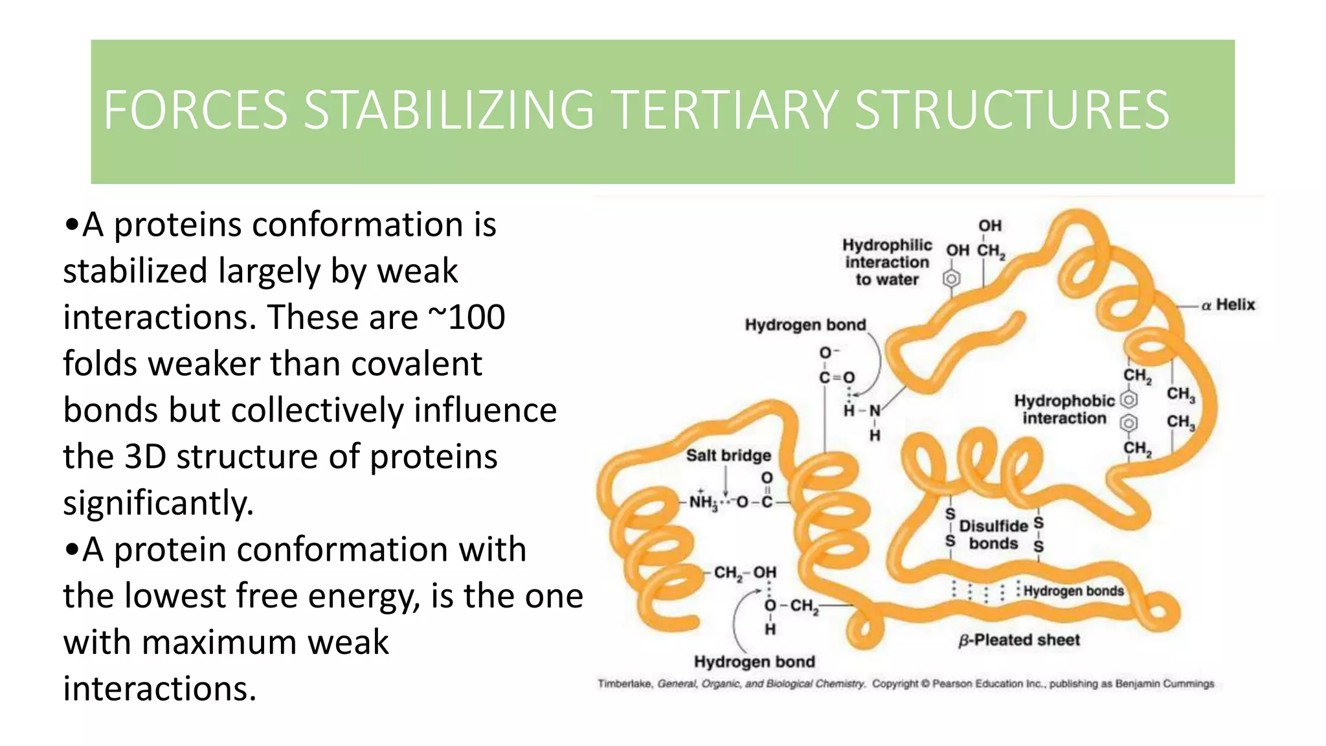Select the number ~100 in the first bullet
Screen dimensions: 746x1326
(x=467, y=317)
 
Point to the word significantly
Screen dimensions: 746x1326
(x=159, y=503)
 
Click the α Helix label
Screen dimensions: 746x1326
(x=1228, y=304)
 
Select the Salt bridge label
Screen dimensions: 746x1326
(x=728, y=455)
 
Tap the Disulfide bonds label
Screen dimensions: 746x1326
(x=993, y=534)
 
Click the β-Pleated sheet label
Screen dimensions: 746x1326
(x=1019, y=640)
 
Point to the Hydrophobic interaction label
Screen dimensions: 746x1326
(x=1064, y=409)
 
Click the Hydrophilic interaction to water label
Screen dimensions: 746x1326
(x=887, y=262)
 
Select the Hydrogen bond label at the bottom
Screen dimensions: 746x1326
(x=754, y=662)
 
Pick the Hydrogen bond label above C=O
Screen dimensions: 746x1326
(x=805, y=324)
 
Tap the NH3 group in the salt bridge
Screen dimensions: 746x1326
(x=703, y=502)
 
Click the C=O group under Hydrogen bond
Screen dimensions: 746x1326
(x=837, y=377)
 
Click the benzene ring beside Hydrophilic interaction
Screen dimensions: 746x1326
(x=951, y=279)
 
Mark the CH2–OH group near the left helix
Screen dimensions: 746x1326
(x=745, y=572)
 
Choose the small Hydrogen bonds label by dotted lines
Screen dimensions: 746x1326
(x=1073, y=591)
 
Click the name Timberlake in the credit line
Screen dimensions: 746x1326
(x=625, y=684)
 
